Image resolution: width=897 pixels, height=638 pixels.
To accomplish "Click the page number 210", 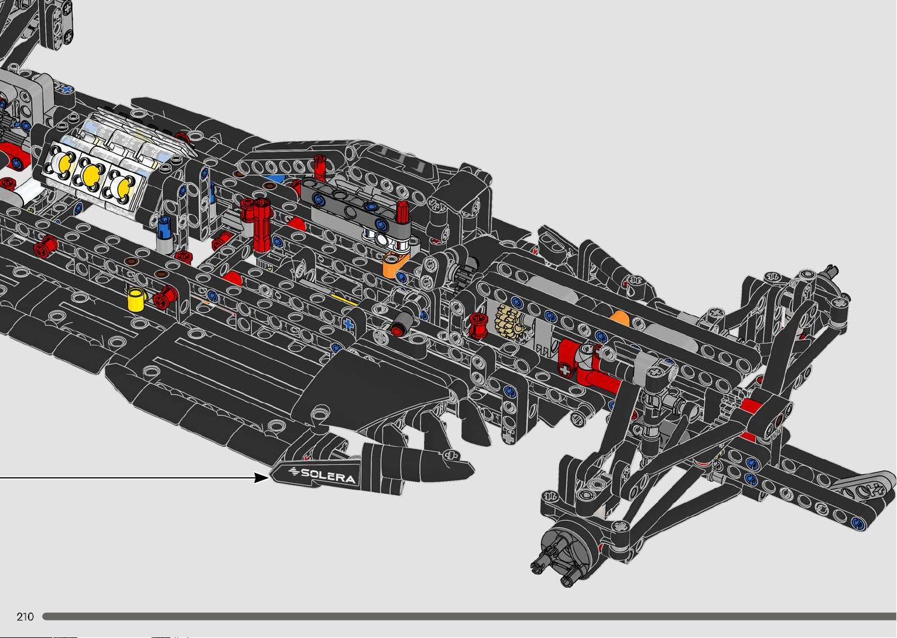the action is click(x=25, y=616).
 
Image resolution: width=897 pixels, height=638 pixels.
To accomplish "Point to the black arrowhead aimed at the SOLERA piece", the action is click(x=262, y=478).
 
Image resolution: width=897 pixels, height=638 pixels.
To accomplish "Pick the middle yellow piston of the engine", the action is click(x=91, y=173).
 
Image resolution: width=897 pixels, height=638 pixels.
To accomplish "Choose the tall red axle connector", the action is click(x=263, y=224).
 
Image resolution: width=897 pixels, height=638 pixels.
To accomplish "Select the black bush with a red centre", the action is click(x=400, y=324).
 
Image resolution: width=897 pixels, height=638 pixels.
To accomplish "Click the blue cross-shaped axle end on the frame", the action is click(x=348, y=324).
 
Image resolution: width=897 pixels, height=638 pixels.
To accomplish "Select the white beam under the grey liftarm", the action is click(x=388, y=239).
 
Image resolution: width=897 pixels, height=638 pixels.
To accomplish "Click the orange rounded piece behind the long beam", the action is click(x=620, y=319).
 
